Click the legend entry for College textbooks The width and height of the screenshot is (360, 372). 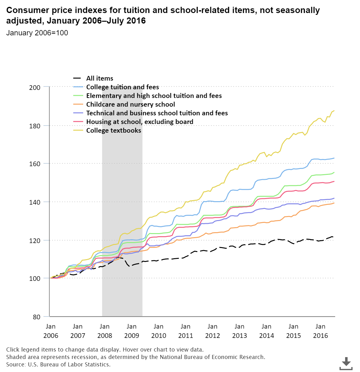pos(114,131)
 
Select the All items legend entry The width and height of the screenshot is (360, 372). pos(100,78)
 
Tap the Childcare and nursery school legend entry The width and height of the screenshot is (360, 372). pos(130,104)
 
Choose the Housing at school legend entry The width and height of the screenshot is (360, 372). pos(140,122)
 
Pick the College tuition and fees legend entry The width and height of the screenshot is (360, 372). pos(122,87)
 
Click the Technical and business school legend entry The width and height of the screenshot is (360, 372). pos(157,113)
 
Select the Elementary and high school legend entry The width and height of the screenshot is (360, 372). pos(154,96)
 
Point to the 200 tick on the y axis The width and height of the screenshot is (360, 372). pos(35,87)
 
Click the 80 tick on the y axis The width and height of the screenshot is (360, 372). pos(37,317)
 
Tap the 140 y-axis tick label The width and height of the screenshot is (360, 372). pos(35,202)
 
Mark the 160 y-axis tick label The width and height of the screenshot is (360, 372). pos(35,164)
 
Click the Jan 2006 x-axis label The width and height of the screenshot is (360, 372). pos(51,331)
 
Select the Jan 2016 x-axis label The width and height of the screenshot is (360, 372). pos(320,331)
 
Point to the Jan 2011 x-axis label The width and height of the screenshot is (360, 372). pos(185,331)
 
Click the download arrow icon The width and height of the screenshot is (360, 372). pos(346,363)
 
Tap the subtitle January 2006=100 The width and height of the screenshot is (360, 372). pos(37,33)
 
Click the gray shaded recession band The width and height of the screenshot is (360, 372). pos(122,201)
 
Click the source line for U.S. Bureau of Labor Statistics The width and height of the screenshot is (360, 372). pos(58,365)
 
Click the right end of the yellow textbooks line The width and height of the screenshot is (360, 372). pos(334,111)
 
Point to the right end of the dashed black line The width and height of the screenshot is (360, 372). pos(333,237)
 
